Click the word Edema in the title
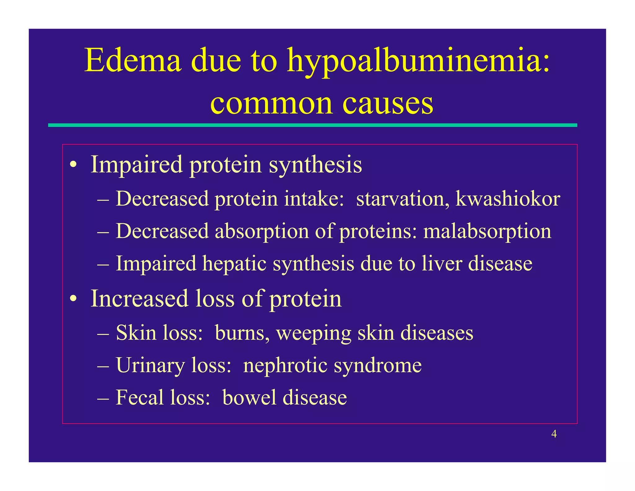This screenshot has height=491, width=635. pyautogui.click(x=132, y=60)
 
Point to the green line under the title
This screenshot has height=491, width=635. pyautogui.click(x=312, y=125)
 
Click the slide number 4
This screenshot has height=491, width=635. pyautogui.click(x=554, y=434)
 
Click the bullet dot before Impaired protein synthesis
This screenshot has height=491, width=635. pyautogui.click(x=73, y=165)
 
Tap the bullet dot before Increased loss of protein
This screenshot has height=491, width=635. pyautogui.click(x=73, y=299)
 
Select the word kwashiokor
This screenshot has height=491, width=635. pyautogui.click(x=508, y=199)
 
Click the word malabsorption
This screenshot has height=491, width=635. pyautogui.click(x=487, y=232)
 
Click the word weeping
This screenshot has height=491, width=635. pyautogui.click(x=313, y=333)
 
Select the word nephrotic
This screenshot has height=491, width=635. pyautogui.click(x=285, y=365)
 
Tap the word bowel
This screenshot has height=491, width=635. pyautogui.click(x=249, y=398)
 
